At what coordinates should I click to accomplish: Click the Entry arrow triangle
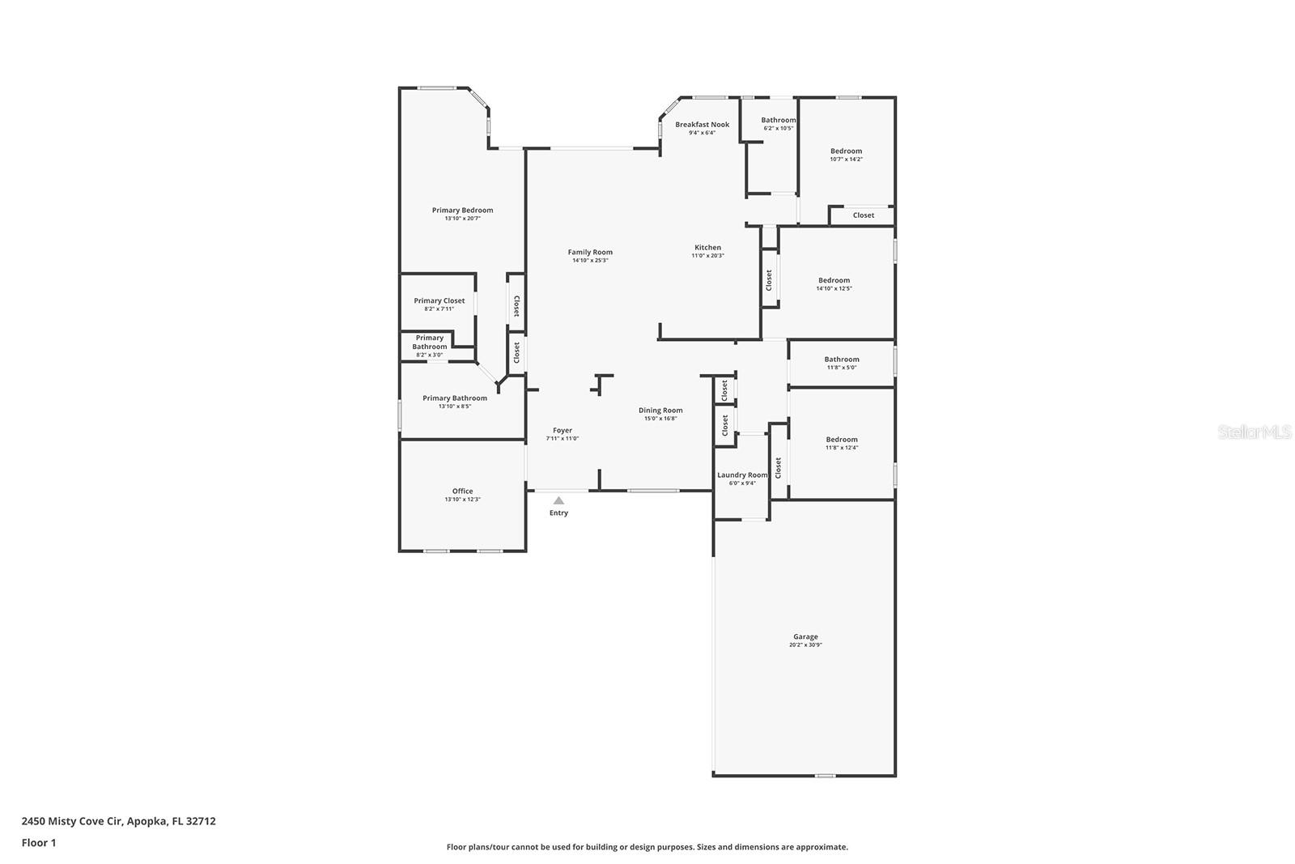(558, 501)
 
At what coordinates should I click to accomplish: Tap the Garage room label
(805, 636)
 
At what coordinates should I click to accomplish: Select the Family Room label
(590, 252)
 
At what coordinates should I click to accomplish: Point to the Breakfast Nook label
(702, 124)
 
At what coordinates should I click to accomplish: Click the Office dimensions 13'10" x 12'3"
(462, 500)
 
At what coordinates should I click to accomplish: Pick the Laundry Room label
(741, 475)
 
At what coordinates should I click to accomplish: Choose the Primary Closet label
(439, 300)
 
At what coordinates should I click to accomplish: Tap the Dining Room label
(660, 411)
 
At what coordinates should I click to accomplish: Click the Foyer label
(563, 431)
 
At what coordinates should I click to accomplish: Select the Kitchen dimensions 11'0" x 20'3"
(707, 256)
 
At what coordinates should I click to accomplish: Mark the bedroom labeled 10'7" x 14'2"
(846, 151)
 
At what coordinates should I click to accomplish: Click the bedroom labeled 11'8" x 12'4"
(842, 440)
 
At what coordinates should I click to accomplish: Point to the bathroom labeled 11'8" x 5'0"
(842, 360)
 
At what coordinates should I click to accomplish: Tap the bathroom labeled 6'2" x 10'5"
(778, 120)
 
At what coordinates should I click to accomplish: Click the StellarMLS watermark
(1255, 432)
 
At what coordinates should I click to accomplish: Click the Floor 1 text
(39, 842)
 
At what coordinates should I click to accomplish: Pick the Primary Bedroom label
(462, 210)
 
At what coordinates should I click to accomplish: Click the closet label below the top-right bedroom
(863, 215)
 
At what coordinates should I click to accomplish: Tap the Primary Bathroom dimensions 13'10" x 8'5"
(454, 406)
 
